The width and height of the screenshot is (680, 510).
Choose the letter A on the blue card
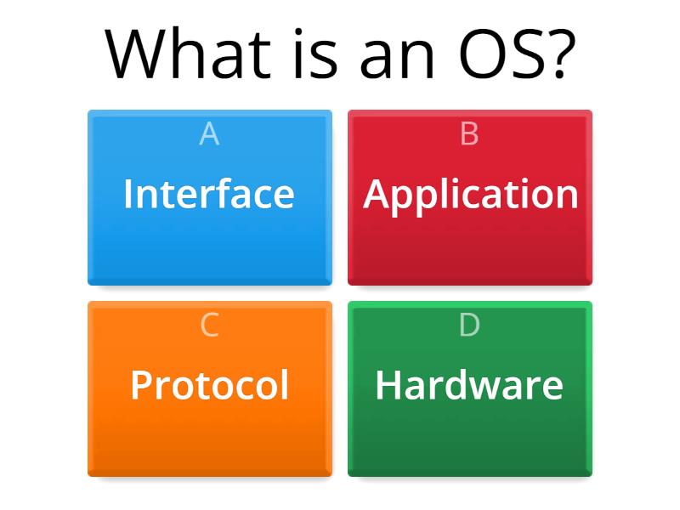click(x=209, y=134)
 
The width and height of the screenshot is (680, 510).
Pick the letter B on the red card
click(x=469, y=134)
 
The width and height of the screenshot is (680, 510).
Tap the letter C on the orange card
click(x=209, y=326)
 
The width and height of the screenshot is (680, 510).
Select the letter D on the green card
click(x=469, y=326)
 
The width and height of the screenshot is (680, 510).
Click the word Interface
click(x=209, y=194)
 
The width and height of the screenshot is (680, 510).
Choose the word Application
click(x=471, y=195)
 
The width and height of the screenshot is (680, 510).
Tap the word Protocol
click(x=209, y=385)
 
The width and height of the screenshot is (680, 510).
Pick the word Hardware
click(x=469, y=385)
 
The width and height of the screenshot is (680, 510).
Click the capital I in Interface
click(x=127, y=194)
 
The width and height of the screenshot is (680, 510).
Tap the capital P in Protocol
click(x=140, y=385)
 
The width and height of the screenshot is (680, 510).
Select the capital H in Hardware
click(x=388, y=385)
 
